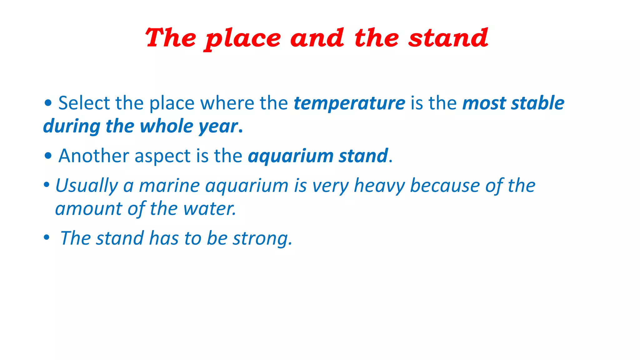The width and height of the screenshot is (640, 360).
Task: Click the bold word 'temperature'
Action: click(349, 103)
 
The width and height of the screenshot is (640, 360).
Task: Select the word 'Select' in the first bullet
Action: click(84, 103)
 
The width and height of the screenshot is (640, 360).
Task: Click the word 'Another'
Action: click(93, 156)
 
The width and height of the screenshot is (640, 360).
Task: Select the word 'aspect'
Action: click(162, 156)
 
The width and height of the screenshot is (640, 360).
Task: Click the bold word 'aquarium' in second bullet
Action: click(291, 156)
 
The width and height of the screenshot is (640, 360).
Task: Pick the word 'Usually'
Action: click(86, 186)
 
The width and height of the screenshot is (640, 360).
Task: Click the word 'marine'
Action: click(169, 186)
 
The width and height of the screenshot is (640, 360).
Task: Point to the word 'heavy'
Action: click(379, 186)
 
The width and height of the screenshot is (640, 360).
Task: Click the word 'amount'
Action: click(88, 209)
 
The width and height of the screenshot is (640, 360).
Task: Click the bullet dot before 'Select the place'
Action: click(48, 103)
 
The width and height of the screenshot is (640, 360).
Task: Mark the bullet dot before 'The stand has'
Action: click(47, 237)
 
